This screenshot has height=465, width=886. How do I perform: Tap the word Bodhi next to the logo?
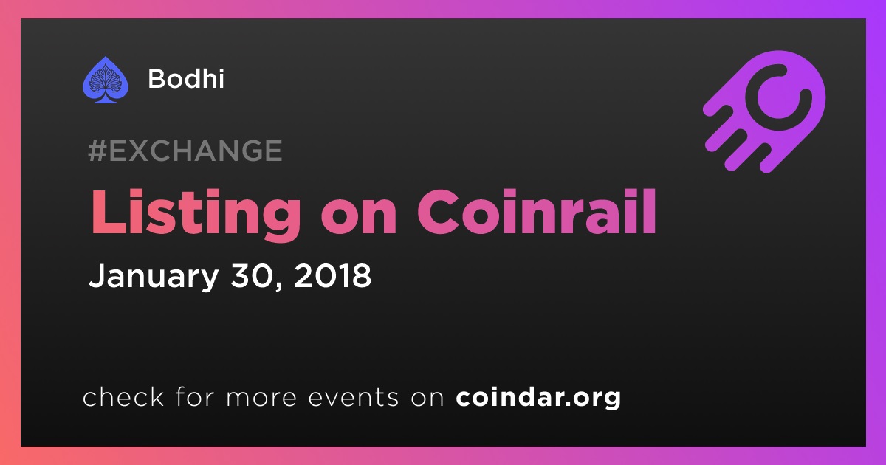186,79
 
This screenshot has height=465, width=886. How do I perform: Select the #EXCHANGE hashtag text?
185,151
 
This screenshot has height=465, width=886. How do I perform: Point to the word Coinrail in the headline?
537,212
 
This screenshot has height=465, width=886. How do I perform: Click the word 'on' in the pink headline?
358,218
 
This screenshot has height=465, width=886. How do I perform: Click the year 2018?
332,275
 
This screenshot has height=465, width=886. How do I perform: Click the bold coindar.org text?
538,397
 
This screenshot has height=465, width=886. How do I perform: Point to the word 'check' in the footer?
123,396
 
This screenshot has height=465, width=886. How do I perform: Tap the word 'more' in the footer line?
261,399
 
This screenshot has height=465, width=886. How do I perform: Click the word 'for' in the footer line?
196,396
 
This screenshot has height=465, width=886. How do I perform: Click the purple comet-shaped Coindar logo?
764,111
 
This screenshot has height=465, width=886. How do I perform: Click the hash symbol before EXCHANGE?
97,151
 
